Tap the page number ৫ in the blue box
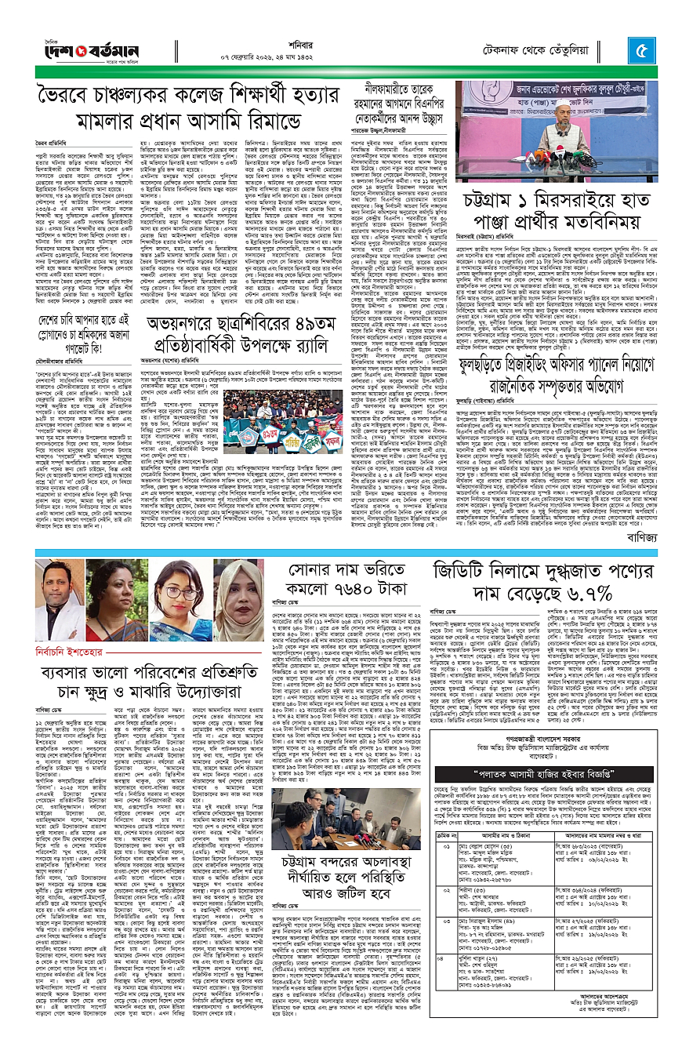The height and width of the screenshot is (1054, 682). point(640,53)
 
